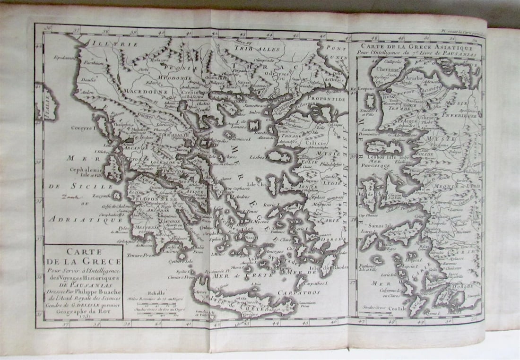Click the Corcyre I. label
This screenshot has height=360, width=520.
click(84, 128)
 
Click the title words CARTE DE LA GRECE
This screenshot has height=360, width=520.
click(84, 257)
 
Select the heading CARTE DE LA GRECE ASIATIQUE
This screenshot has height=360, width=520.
click(416, 48)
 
